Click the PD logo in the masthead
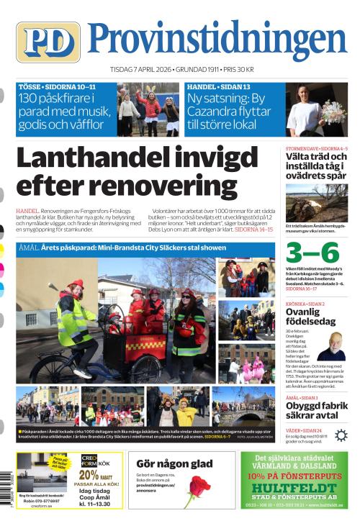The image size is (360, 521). pos(48,42)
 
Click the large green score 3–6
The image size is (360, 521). pos(312,253)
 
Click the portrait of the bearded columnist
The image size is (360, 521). pos(332,346)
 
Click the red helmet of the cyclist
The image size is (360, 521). pos(75,285)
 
